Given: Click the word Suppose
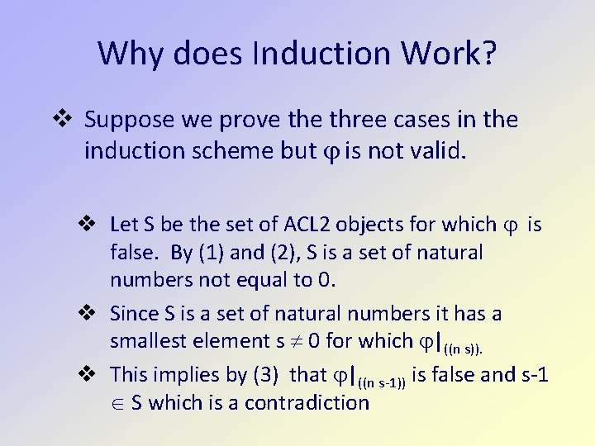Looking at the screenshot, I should pyautogui.click(x=130, y=121).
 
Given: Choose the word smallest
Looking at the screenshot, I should pyautogui.click(x=148, y=340).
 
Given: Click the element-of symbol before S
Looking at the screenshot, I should pyautogui.click(x=117, y=402).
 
